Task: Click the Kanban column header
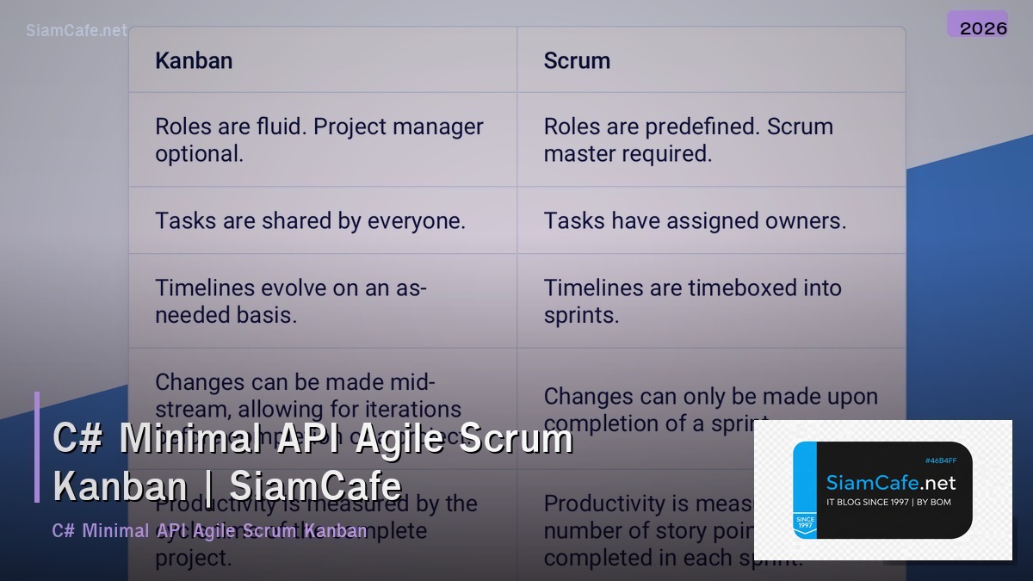point(194,61)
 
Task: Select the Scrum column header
point(577,61)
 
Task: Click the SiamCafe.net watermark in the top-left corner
point(77,31)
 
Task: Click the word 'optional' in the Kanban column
point(197,154)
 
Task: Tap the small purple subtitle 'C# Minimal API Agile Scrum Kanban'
point(209,530)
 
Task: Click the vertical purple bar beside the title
point(37,447)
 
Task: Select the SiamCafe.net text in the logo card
point(891,482)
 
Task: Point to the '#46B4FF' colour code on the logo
point(941,460)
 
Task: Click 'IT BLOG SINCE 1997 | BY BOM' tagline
point(888,502)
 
